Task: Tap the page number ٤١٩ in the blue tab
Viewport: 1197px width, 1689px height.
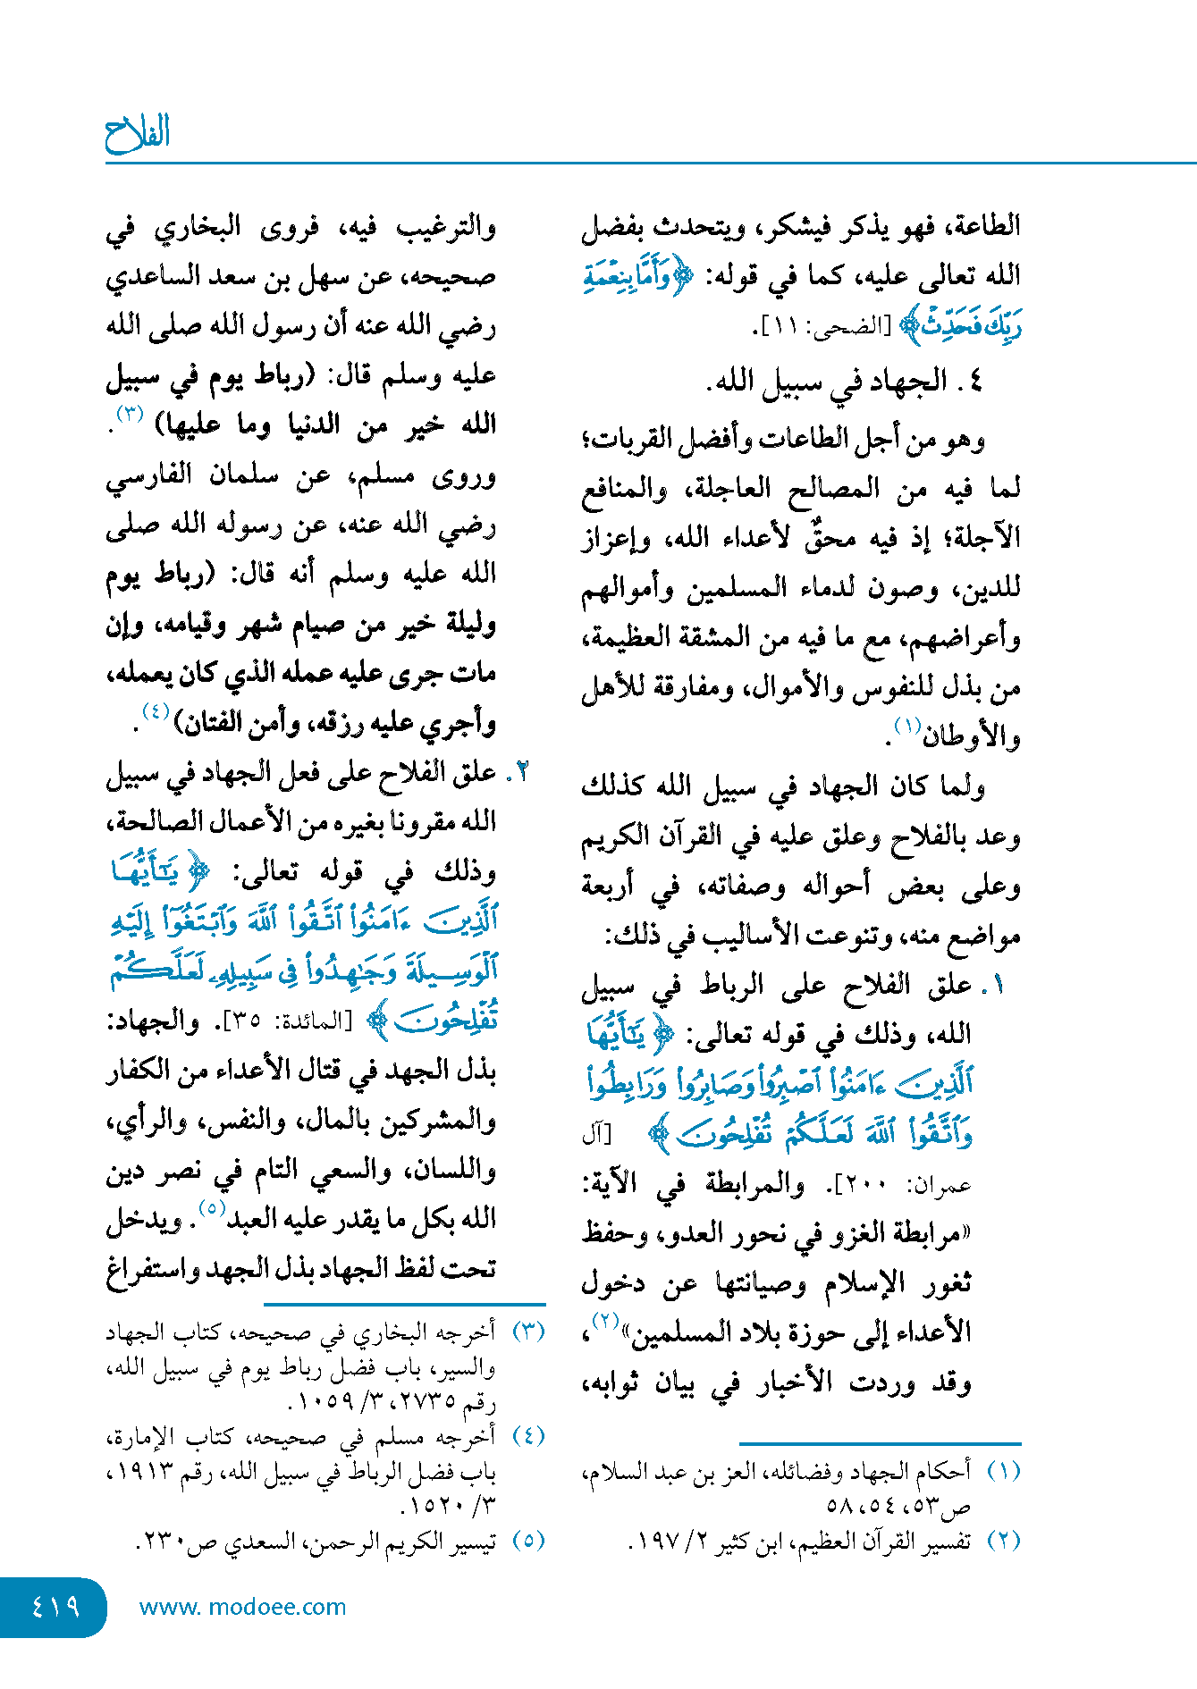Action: pos(55,1607)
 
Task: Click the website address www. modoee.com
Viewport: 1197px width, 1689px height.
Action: pos(242,1607)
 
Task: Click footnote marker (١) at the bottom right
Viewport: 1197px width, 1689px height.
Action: pos(1003,1471)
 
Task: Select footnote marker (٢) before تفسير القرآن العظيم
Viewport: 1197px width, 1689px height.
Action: pos(1003,1541)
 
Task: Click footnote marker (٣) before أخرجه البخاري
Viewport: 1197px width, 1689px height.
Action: pos(527,1332)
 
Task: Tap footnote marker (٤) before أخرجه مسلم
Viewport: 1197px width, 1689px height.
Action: pos(527,1436)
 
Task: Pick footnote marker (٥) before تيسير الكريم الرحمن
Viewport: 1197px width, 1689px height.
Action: pos(527,1541)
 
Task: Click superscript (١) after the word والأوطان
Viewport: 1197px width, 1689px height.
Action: pos(908,727)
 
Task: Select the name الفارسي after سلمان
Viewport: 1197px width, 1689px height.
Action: pos(148,475)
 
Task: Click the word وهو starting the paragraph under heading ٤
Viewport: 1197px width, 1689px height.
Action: pos(965,440)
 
